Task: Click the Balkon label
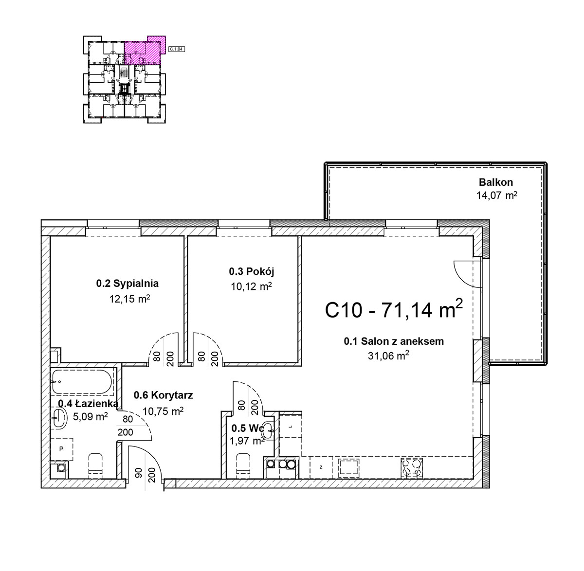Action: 496,182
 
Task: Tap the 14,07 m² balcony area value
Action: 497,196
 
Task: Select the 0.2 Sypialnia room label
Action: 127,284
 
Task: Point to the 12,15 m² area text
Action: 129,299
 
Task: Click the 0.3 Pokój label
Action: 252,272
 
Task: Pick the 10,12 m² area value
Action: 251,286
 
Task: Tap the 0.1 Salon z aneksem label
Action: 394,341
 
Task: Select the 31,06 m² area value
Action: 388,356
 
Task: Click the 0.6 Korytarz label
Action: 163,395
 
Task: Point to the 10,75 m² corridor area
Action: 163,411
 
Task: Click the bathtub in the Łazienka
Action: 82,382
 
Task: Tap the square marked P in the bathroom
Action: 61,449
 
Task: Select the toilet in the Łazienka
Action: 95,464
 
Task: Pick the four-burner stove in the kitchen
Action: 412,468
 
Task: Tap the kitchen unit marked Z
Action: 321,467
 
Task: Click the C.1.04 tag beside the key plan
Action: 177,49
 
